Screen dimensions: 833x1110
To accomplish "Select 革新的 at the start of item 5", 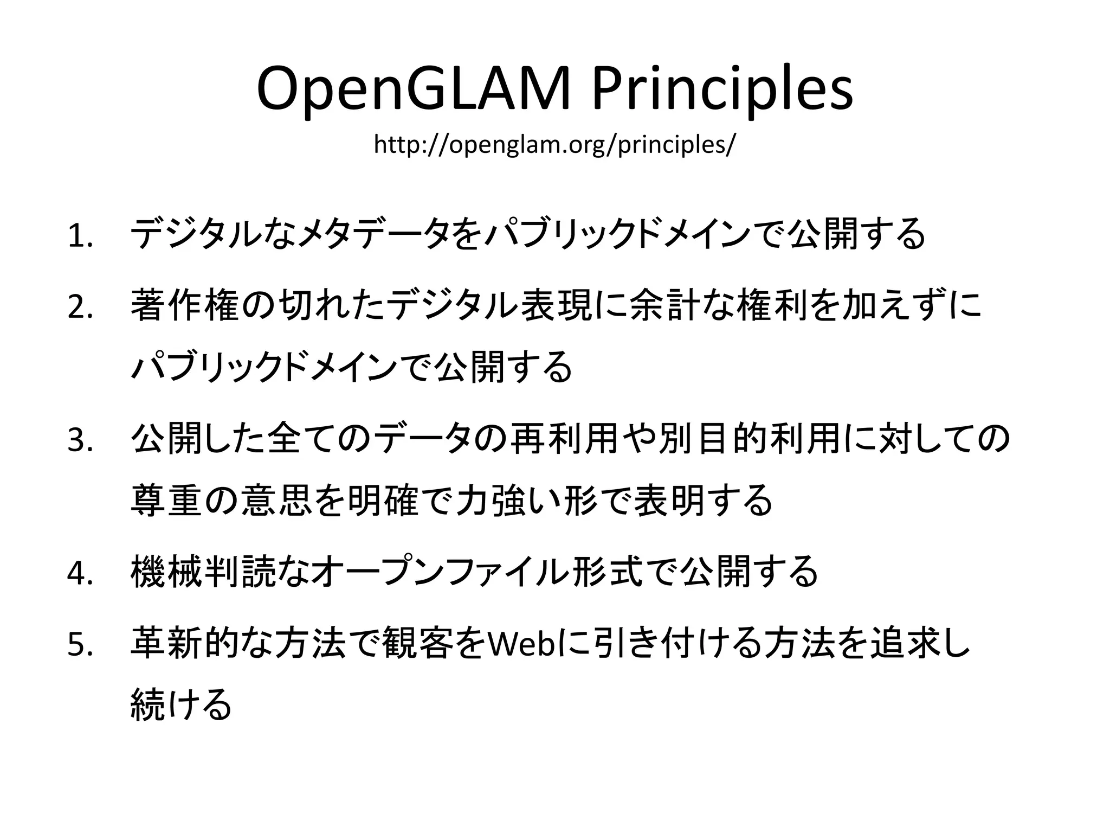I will (184, 644).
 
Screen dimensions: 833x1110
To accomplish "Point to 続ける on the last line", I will (182, 704).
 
